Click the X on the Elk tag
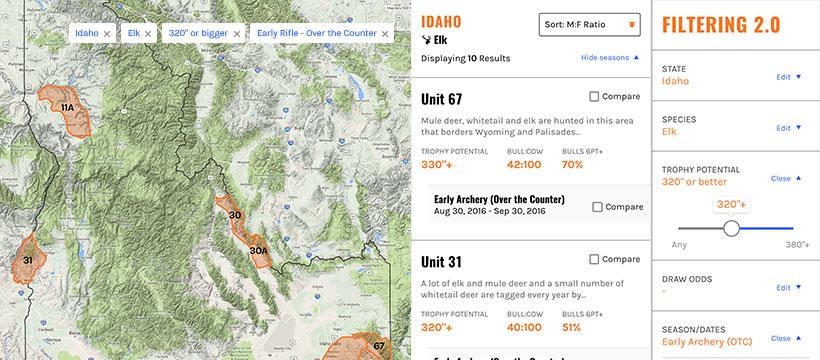point(148,33)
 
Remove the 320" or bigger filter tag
point(237,33)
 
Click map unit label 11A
point(67,107)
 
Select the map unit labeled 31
point(28,260)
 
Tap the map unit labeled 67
point(379,346)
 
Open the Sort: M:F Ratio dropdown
point(589,24)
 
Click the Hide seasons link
point(609,58)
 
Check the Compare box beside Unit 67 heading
point(595,97)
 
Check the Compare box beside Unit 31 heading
point(595,262)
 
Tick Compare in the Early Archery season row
point(598,207)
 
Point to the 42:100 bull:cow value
point(525,165)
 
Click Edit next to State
point(789,76)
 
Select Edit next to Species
point(789,128)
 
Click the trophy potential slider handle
point(731,228)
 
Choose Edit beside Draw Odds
point(789,287)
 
